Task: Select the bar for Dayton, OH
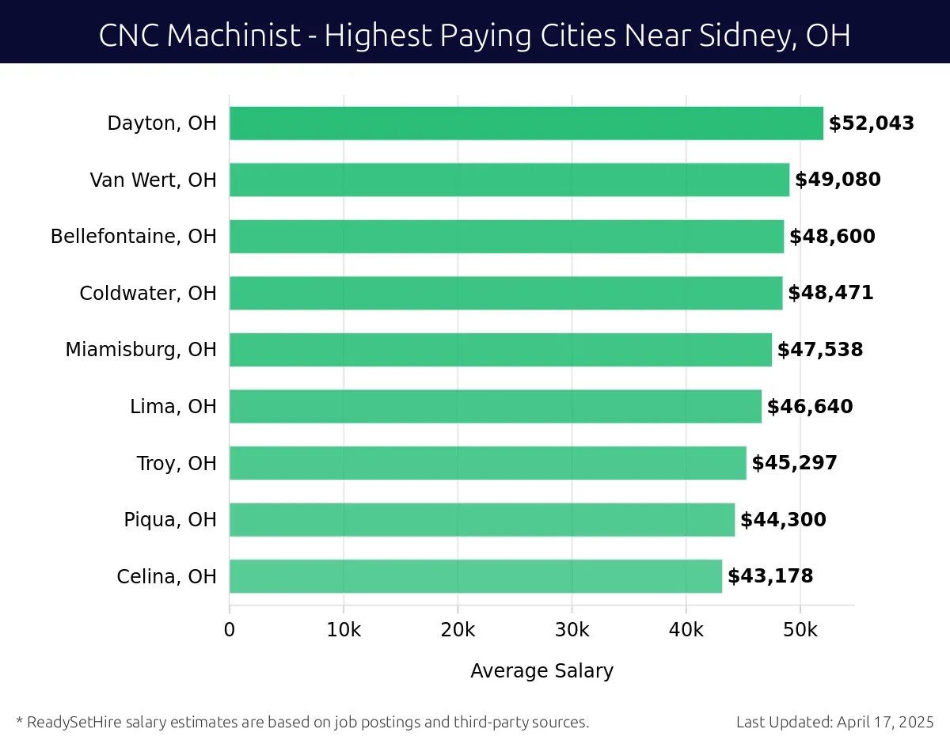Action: tap(526, 123)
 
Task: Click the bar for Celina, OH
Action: tap(476, 576)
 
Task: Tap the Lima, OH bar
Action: tap(496, 407)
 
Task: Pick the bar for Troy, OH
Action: tap(488, 463)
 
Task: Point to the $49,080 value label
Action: tap(838, 180)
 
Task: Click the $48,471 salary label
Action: tap(830, 293)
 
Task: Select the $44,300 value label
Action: tap(783, 520)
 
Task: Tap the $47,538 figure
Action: tap(820, 350)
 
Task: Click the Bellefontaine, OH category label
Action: tap(134, 237)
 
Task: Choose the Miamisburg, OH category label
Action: tap(141, 350)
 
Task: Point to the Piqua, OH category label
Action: tap(170, 520)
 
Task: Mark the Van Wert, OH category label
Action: tap(154, 180)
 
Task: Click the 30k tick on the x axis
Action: tap(572, 630)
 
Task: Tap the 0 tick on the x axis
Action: tap(230, 630)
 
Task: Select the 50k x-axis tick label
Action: tap(800, 630)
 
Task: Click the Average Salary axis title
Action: tap(541, 671)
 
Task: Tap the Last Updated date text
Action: tap(835, 722)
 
